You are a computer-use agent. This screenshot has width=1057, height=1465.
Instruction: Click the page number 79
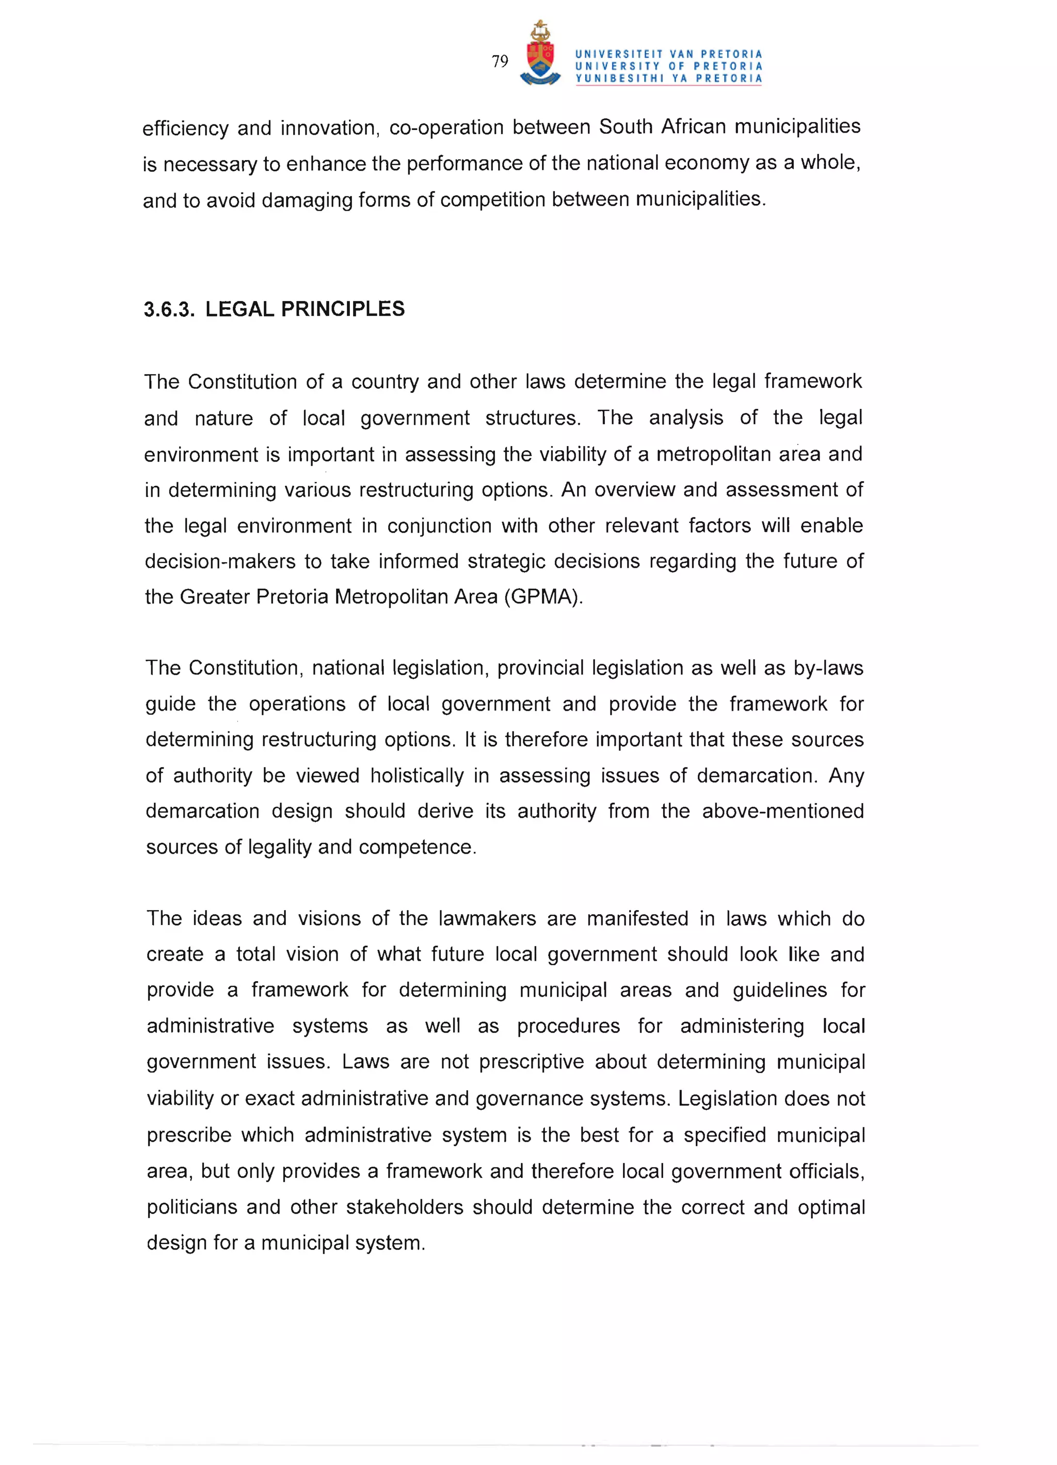[500, 61]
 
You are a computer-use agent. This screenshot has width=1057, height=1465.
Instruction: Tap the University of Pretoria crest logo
[540, 54]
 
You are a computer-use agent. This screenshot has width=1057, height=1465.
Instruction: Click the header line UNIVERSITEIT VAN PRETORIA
[668, 54]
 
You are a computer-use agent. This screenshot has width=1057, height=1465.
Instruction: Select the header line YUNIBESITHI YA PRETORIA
[668, 79]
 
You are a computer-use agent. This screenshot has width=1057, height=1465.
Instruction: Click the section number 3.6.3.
[169, 309]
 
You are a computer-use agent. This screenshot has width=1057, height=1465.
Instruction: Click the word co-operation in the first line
[446, 128]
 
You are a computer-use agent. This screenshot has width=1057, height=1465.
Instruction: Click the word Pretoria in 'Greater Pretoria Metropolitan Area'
[292, 597]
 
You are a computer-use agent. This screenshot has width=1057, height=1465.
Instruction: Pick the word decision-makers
[220, 561]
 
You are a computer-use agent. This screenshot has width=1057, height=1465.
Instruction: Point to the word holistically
[417, 775]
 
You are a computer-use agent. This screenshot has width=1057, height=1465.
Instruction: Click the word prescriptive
[531, 1062]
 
